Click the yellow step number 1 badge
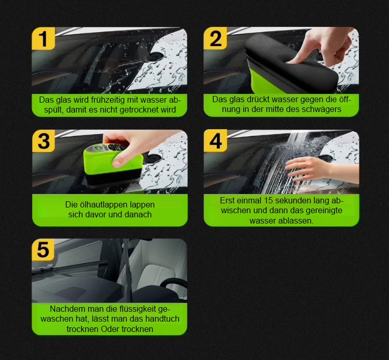(x=44, y=38)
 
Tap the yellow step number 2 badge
(x=215, y=38)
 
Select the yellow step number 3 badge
(x=44, y=141)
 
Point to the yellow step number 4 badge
(x=215, y=141)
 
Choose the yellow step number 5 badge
(x=43, y=250)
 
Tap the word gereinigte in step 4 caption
(x=324, y=211)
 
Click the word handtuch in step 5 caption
(x=162, y=319)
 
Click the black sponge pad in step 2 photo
(x=290, y=62)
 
